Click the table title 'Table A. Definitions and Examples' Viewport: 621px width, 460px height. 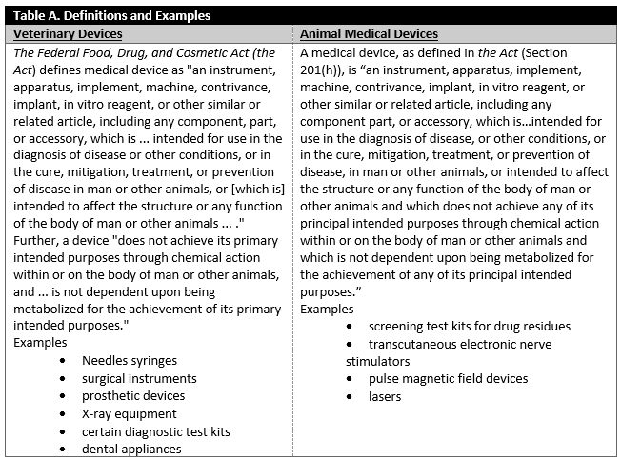tap(112, 15)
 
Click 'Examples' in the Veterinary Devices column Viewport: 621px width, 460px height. tap(40, 342)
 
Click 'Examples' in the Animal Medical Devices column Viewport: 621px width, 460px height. tap(327, 309)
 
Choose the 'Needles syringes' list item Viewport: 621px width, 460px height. tap(130, 360)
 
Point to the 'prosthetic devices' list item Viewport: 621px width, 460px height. tap(133, 395)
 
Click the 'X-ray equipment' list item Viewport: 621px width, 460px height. tap(130, 413)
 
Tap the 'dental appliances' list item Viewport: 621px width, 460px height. tap(131, 449)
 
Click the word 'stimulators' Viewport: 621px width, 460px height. tap(378, 361)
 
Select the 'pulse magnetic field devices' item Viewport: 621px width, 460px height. tap(448, 378)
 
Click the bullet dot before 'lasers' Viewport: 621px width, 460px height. tap(349, 396)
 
